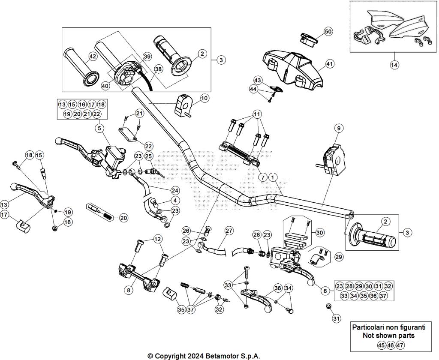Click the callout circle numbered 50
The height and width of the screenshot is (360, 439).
[x=328, y=32]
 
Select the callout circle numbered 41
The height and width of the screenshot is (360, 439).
[x=329, y=64]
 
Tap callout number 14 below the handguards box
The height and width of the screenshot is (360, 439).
[x=394, y=65]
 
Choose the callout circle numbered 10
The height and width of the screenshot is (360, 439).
[x=204, y=98]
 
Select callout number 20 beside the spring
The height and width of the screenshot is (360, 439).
[x=123, y=218]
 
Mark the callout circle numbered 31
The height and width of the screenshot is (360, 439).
[x=336, y=318]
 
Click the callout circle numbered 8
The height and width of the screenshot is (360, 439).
[x=128, y=290]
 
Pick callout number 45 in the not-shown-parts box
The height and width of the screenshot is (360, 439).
[x=381, y=345]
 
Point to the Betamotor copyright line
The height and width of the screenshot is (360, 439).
[x=204, y=356]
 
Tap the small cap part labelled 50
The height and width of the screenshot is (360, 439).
[x=308, y=39]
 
